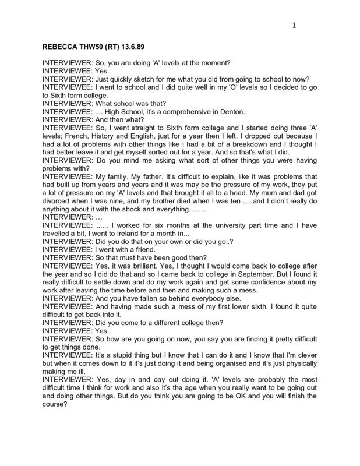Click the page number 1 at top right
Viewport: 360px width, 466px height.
pyautogui.click(x=294, y=25)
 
